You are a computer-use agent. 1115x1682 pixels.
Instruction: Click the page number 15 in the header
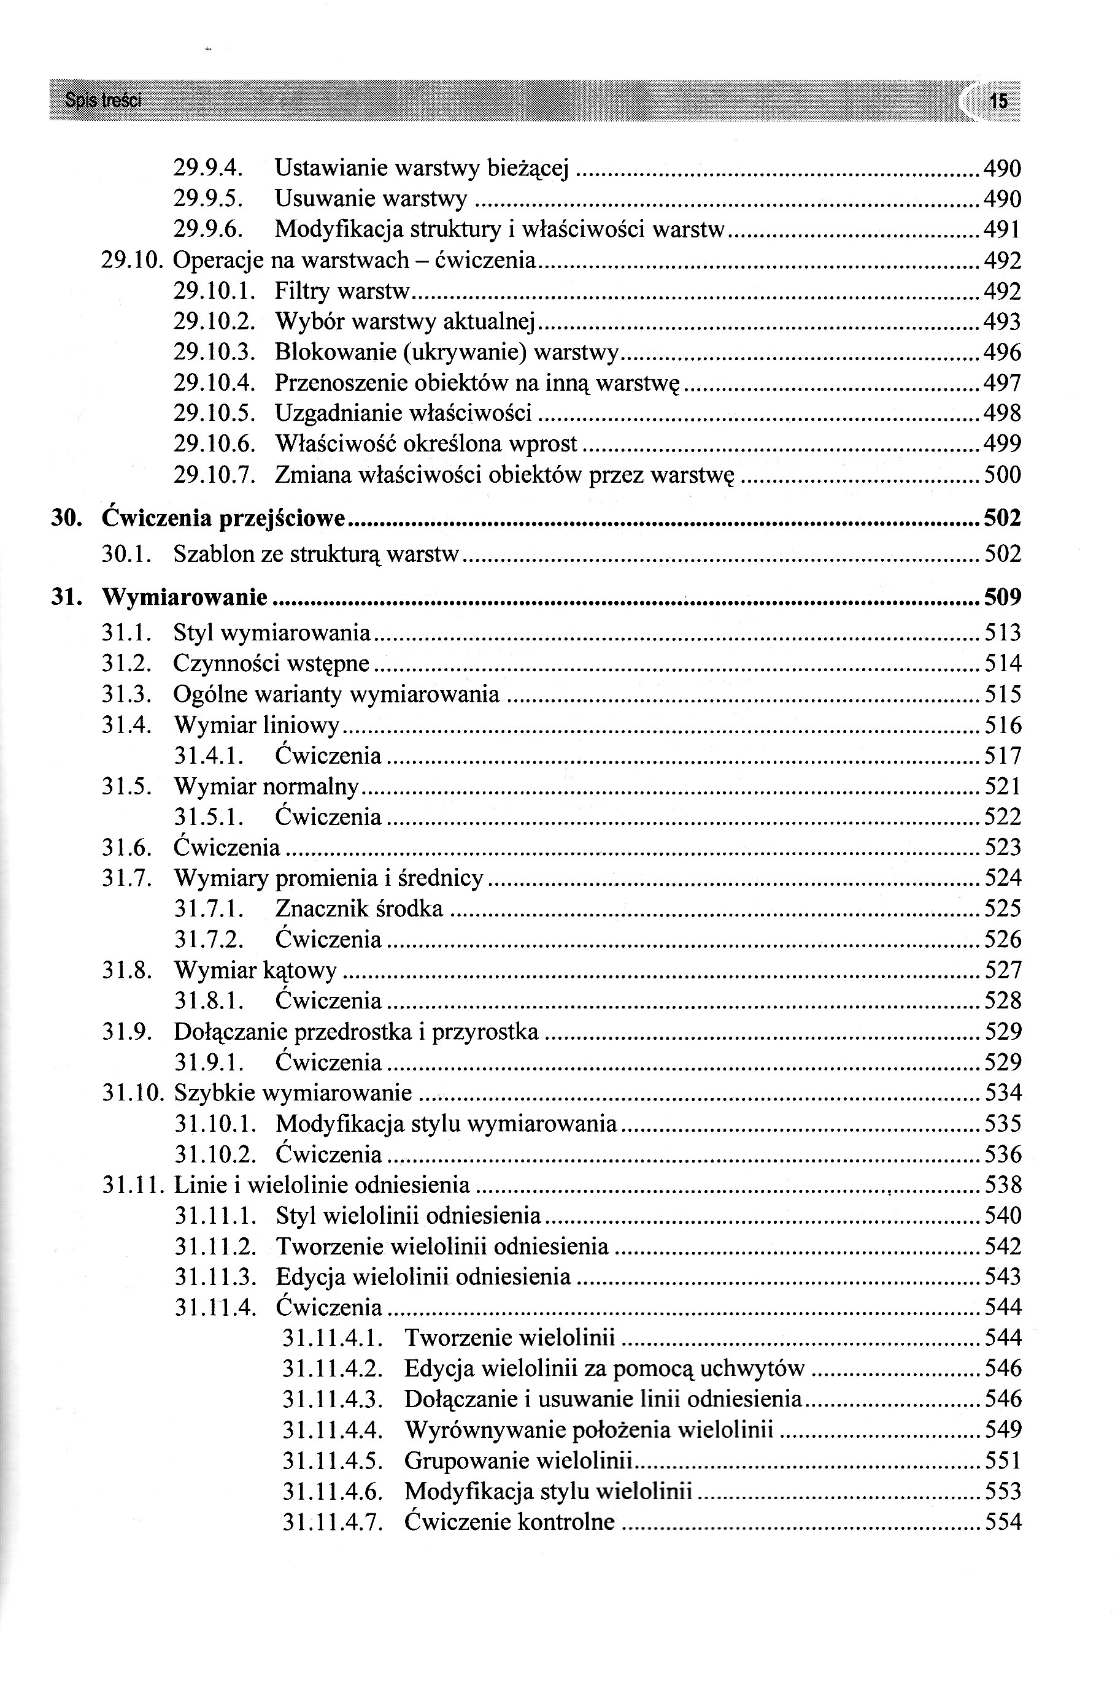click(998, 101)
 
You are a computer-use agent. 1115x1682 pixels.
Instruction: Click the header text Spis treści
click(102, 101)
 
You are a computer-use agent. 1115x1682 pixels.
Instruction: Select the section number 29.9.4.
click(209, 169)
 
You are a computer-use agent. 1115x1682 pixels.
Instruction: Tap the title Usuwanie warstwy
click(371, 199)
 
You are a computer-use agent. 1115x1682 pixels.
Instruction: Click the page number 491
click(1002, 229)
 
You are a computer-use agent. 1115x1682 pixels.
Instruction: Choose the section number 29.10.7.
click(214, 475)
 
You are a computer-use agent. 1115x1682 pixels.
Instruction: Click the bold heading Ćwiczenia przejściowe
click(223, 518)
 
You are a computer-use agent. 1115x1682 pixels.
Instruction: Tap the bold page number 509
click(1002, 597)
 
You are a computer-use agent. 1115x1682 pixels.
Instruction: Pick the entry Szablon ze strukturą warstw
click(317, 554)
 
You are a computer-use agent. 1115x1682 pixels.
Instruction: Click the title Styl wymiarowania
click(272, 632)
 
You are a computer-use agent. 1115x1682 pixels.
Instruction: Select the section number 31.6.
click(126, 847)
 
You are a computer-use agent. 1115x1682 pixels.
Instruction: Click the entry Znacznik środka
click(358, 908)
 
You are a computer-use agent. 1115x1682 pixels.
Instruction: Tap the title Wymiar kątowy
click(255, 970)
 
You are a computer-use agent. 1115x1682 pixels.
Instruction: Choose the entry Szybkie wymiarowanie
click(292, 1093)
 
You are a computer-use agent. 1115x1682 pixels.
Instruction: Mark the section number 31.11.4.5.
click(333, 1461)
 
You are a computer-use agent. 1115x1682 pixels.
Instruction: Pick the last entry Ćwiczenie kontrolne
click(509, 1522)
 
